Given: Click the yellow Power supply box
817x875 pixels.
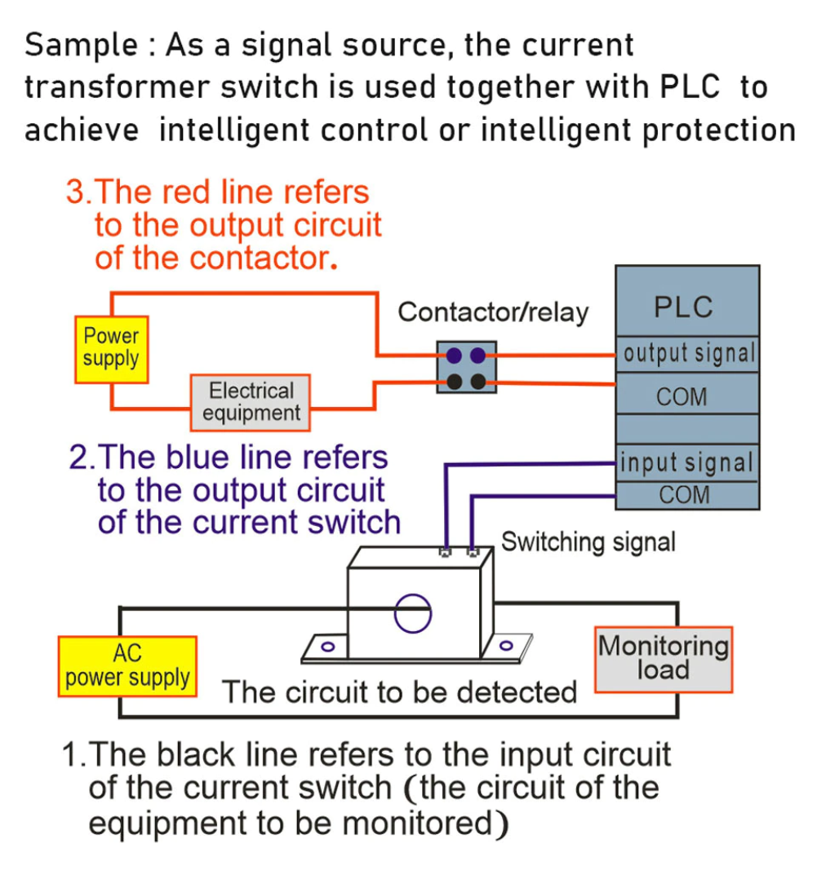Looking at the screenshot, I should point(111,349).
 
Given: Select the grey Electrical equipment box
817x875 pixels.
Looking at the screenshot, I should point(251,402).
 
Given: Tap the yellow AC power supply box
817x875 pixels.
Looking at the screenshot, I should point(127,665).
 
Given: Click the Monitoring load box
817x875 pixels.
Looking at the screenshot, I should point(663,659).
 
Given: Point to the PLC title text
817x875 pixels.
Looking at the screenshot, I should point(683,307).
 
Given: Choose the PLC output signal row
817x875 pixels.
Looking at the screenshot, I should point(687,355).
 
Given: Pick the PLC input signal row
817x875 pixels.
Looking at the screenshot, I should point(686,463).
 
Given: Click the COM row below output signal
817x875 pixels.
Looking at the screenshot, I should point(682,398).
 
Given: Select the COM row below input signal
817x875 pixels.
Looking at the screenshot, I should point(684,495).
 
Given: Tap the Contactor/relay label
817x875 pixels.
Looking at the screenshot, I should point(492,312).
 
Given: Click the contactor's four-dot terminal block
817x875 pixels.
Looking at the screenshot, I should point(465,368).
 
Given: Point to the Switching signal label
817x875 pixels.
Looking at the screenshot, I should point(588,542).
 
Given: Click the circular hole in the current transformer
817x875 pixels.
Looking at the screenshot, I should point(412,614).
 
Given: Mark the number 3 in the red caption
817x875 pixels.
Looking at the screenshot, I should point(75,193).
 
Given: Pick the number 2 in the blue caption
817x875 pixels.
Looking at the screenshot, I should point(78,457).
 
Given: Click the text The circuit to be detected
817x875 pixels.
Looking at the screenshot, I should point(400,692).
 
